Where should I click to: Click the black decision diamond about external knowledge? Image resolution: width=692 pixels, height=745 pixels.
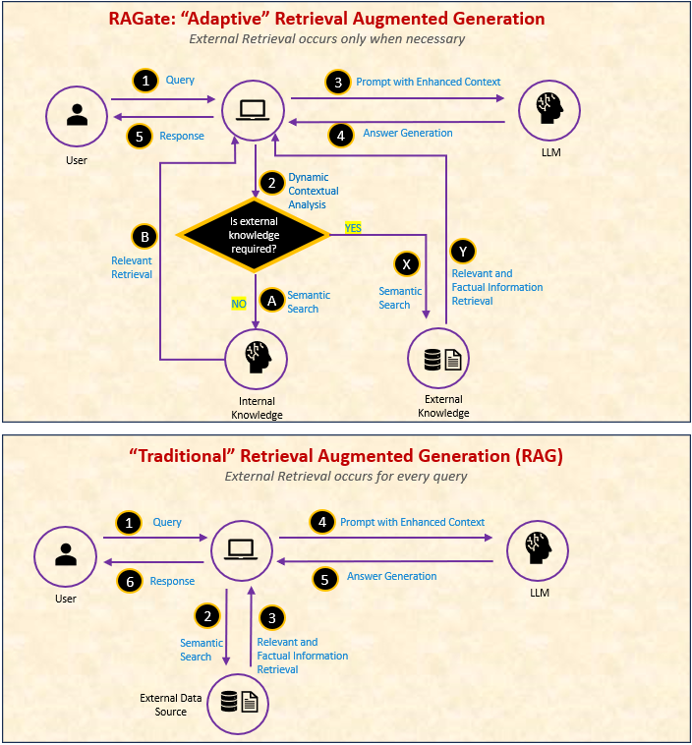click(x=255, y=235)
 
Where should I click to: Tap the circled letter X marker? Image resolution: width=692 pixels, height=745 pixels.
click(x=407, y=264)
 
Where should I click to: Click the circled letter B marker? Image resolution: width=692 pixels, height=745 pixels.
click(x=144, y=237)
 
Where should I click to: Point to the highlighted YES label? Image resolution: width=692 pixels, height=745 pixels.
click(x=353, y=227)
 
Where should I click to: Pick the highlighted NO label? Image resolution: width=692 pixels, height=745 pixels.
click(x=239, y=304)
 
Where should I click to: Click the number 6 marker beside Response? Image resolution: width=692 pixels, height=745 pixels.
click(x=127, y=582)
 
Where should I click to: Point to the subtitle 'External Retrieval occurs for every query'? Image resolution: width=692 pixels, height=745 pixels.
click(x=346, y=477)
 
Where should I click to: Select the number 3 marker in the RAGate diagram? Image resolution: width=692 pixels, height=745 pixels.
click(x=337, y=82)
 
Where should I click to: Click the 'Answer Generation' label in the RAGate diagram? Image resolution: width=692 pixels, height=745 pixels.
click(x=408, y=133)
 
